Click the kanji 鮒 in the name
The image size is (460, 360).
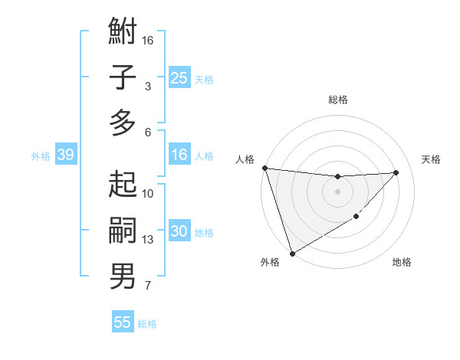click(123, 33)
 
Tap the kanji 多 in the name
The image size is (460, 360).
click(123, 123)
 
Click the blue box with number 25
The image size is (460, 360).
click(179, 78)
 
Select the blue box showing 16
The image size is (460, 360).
click(179, 155)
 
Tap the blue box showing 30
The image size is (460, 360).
click(179, 231)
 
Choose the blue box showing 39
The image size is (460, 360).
click(65, 155)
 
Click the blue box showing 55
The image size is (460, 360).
click(123, 322)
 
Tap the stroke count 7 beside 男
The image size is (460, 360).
click(148, 286)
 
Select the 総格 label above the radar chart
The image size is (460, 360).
click(337, 100)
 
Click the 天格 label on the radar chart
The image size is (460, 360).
click(431, 159)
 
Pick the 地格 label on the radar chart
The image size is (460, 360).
click(402, 262)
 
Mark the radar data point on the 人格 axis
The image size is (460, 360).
click(264, 168)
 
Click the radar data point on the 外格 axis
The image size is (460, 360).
click(292, 254)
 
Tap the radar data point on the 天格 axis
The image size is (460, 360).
click(396, 172)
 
